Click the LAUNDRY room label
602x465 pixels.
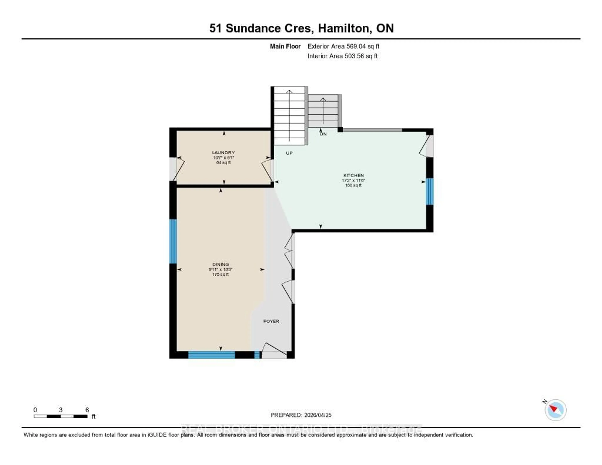[x=223, y=152]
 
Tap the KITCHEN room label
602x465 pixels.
[x=353, y=175]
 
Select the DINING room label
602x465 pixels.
[x=221, y=264]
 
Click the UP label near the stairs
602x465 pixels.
[x=289, y=153]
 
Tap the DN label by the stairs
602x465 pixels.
[x=323, y=134]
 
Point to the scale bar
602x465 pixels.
[x=61, y=416]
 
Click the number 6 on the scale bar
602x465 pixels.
[x=87, y=410]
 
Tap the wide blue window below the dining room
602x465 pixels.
[x=211, y=355]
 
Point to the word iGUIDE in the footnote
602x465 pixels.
[x=157, y=435]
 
